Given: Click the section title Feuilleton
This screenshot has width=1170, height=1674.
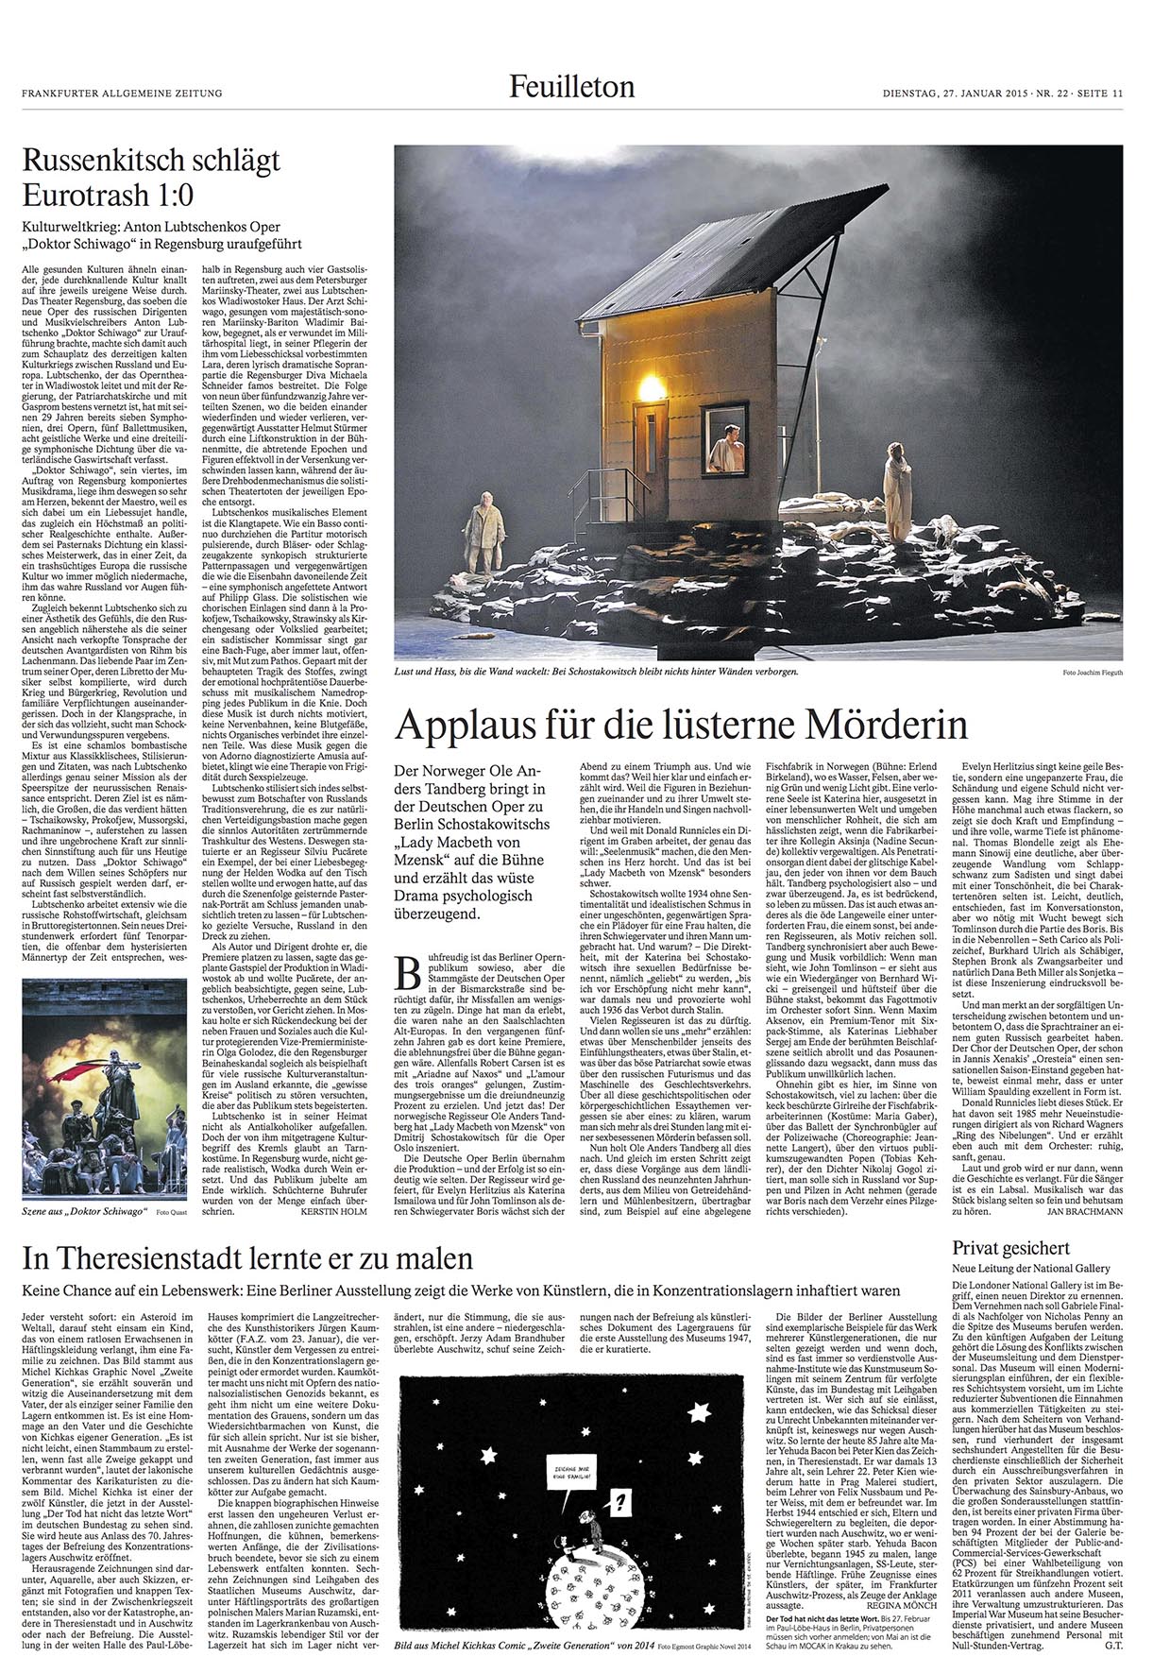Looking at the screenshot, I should [571, 88].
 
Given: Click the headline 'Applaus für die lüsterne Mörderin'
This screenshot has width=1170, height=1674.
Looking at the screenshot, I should [681, 726].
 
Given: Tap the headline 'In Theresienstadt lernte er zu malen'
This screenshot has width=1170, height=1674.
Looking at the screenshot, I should [247, 1259].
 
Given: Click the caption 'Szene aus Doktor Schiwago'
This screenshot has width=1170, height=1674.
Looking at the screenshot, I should [86, 1209].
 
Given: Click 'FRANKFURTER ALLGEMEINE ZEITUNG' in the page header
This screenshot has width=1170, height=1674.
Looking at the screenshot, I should [122, 93].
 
